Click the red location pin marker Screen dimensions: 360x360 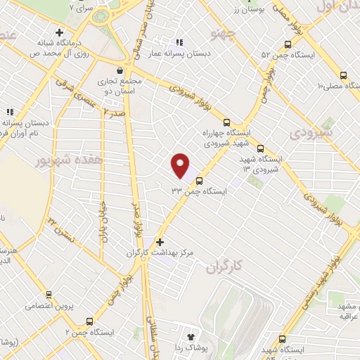click(x=181, y=166)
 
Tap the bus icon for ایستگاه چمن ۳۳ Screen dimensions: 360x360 click(x=198, y=181)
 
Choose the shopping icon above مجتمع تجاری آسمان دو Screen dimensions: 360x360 click(x=122, y=71)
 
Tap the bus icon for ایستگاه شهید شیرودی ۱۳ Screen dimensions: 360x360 click(x=260, y=148)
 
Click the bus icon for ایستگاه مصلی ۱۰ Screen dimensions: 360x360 click(x=343, y=76)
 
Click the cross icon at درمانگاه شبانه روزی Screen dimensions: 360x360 click(x=59, y=32)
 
